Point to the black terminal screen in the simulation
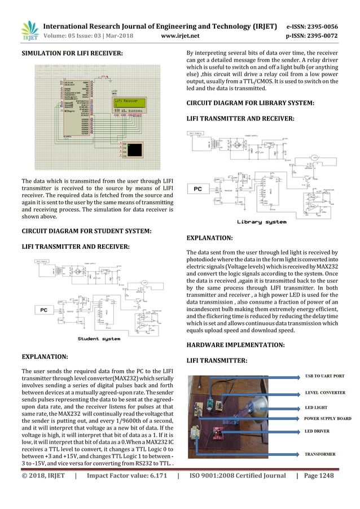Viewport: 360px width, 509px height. pyautogui.click(x=135, y=150)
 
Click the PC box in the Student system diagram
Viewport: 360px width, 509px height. pyautogui.click(x=44, y=310)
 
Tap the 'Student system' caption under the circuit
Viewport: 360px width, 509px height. pyautogui.click(x=99, y=339)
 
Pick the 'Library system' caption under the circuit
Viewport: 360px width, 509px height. pyautogui.click(x=261, y=222)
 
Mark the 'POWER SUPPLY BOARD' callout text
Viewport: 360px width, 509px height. pyautogui.click(x=328, y=419)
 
